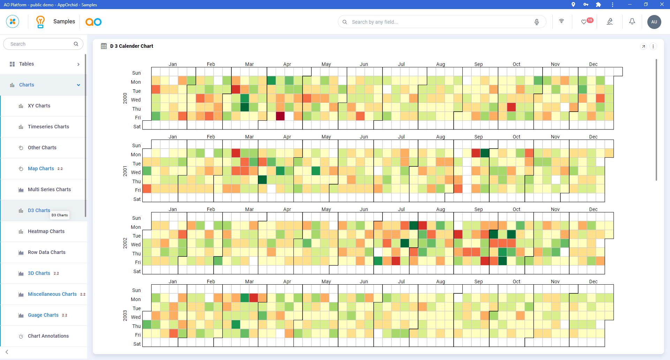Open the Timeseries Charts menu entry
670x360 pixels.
[48, 127]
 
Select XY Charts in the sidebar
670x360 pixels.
[39, 106]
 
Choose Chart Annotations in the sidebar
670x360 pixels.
[48, 336]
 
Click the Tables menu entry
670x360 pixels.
[27, 64]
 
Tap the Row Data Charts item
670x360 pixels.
[46, 252]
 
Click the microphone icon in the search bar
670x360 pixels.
[537, 22]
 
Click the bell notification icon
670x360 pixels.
[632, 22]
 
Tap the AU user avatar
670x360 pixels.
[654, 22]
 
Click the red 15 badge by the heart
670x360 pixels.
[590, 20]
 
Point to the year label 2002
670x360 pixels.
[125, 243]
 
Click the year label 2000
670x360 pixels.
[125, 98]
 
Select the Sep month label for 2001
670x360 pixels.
[478, 137]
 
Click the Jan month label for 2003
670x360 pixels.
[173, 282]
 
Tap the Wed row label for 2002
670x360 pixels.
[136, 245]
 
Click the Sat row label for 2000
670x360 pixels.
[137, 127]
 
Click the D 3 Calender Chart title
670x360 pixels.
[132, 46]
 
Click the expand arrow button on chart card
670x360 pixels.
[643, 46]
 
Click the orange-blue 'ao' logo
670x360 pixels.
[94, 22]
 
